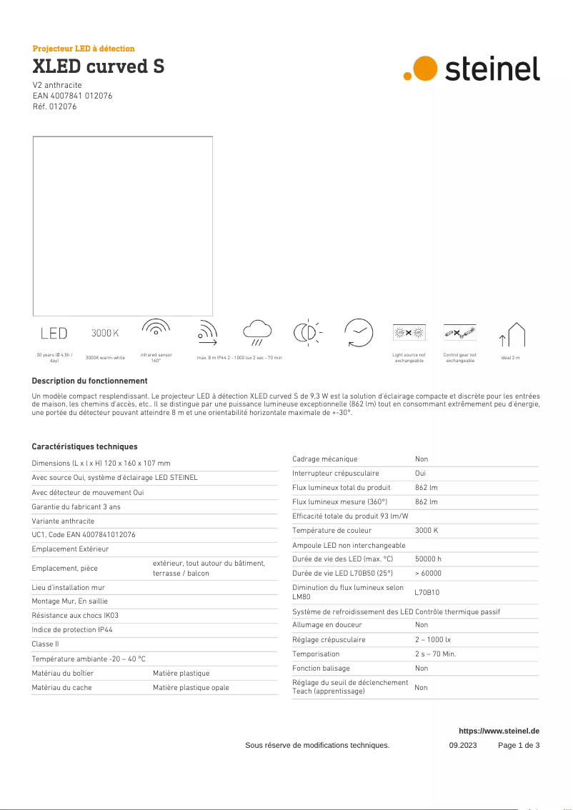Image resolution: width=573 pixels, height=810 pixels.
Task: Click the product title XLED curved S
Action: point(99,67)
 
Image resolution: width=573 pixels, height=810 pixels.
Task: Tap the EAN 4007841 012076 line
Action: point(72,96)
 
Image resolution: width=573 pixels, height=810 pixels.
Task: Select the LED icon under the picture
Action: point(54,333)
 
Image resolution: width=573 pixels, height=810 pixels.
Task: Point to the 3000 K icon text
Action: point(105,333)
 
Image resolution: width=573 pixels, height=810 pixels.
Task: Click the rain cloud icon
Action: point(257,331)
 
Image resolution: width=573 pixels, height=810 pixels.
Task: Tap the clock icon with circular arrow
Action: point(358,333)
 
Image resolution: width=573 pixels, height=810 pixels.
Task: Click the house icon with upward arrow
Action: point(512,334)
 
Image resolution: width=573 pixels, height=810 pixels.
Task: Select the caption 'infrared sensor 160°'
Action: point(156,356)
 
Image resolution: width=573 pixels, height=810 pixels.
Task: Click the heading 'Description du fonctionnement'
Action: point(89,381)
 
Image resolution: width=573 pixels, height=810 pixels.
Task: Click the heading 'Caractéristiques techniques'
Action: point(84,446)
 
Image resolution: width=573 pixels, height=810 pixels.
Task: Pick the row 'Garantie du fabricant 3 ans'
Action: point(76,506)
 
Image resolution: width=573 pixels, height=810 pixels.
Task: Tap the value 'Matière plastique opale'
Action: point(191,687)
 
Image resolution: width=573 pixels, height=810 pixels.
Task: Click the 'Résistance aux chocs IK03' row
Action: point(75,615)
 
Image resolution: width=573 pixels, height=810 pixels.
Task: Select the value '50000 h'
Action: point(428,559)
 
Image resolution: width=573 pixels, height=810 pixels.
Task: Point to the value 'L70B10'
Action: point(427,592)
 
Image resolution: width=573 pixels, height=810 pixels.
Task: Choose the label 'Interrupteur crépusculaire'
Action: point(336,474)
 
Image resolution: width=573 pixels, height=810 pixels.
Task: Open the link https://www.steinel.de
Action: point(499,731)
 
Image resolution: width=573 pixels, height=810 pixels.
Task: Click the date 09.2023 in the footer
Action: point(462,745)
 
